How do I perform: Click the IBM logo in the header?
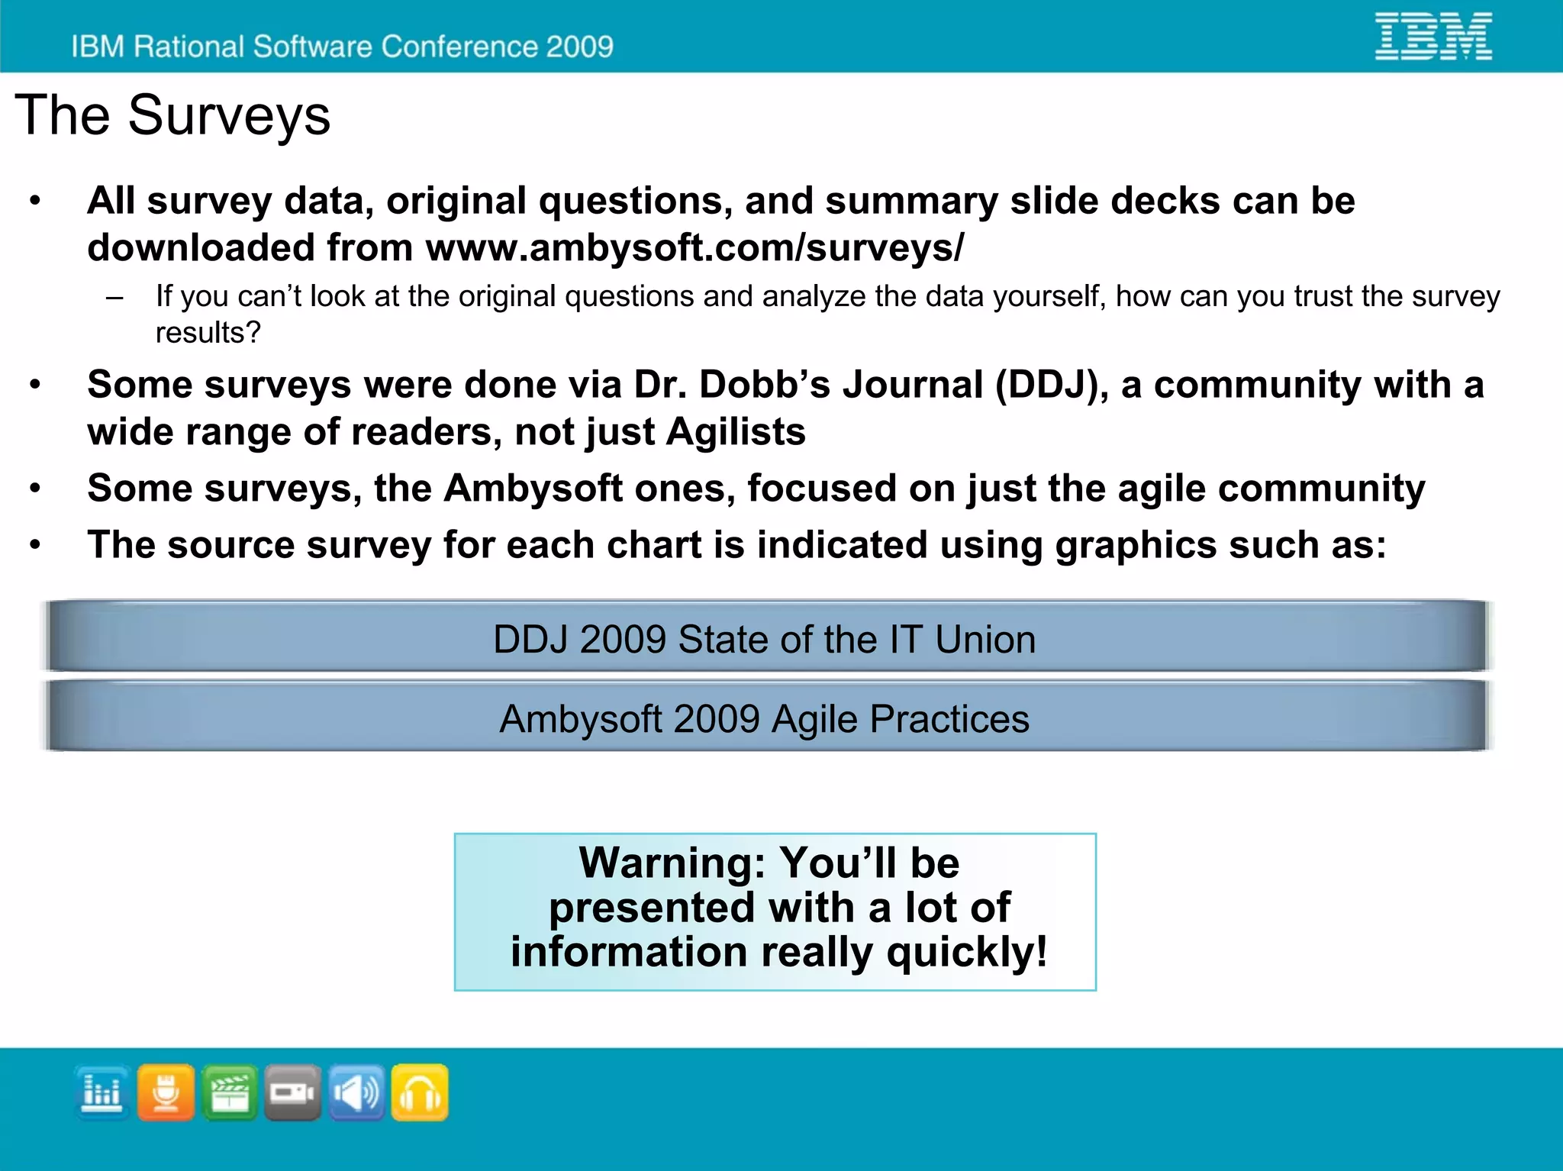[1432, 36]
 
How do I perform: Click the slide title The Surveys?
[172, 115]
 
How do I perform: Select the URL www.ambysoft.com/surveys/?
[694, 247]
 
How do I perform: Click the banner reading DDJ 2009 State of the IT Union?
[765, 638]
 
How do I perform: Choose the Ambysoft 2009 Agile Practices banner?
[765, 718]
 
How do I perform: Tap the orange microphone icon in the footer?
[166, 1092]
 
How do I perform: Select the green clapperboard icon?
[230, 1092]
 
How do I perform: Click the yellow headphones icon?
[420, 1092]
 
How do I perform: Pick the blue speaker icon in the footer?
[356, 1092]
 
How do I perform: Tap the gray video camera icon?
[292, 1092]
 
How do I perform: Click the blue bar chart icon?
[102, 1092]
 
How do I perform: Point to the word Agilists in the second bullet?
[735, 432]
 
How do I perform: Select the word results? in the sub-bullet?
[208, 333]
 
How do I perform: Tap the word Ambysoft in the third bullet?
[533, 488]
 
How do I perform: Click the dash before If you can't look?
[114, 298]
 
